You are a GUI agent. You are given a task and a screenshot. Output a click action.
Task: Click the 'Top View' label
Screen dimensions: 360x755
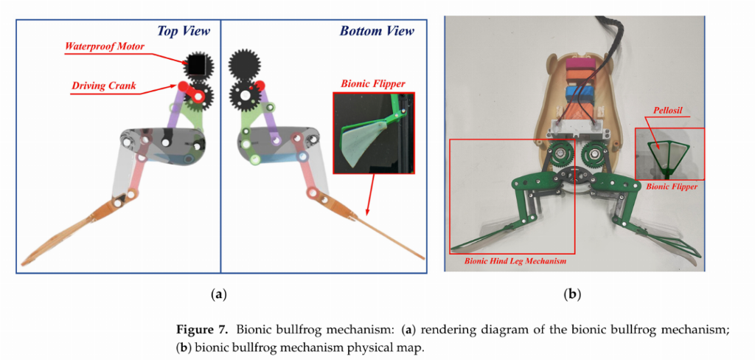[183, 31]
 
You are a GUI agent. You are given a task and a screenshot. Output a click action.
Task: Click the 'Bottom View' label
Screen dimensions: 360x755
[377, 31]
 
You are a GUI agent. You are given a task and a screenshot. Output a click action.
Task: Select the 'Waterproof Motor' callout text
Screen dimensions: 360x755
[104, 46]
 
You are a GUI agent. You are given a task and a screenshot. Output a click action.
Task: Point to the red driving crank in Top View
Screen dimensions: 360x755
[194, 93]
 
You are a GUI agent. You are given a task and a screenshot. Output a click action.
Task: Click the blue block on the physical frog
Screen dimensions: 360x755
[580, 97]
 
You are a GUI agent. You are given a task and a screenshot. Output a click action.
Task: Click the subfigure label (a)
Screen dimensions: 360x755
[218, 294]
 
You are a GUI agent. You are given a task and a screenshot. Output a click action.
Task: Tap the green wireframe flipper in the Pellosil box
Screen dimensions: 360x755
[668, 151]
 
